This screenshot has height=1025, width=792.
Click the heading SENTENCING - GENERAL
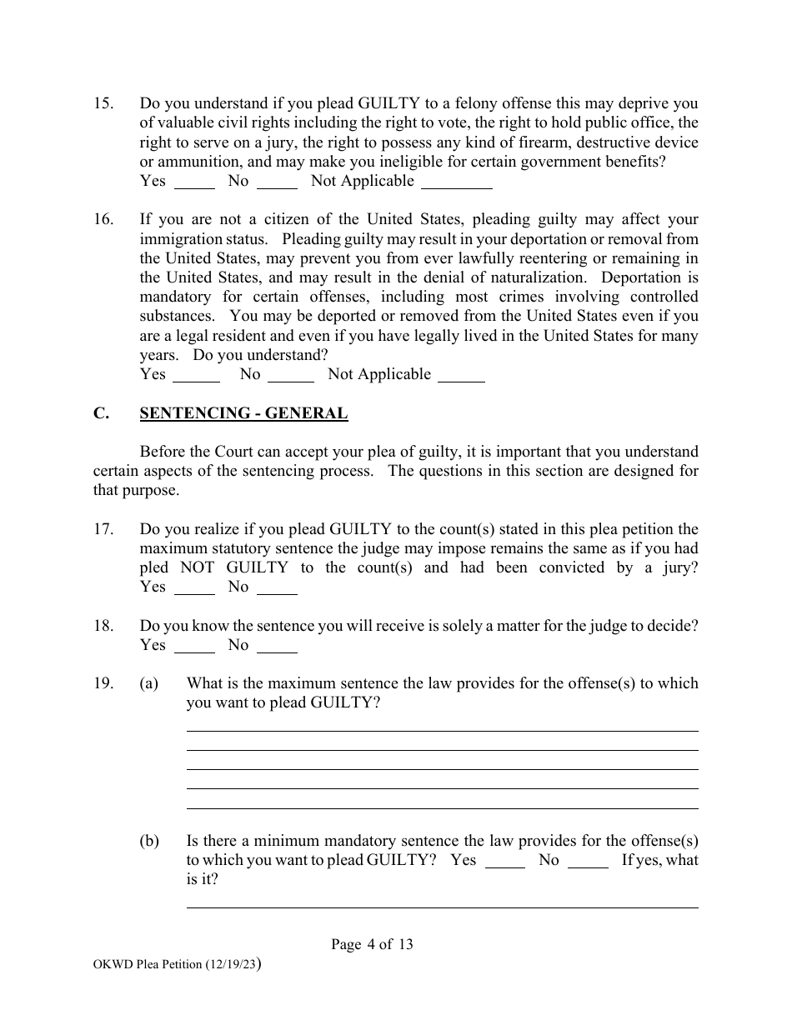click(243, 413)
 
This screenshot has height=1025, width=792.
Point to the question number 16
click(103, 220)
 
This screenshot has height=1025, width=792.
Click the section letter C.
click(100, 413)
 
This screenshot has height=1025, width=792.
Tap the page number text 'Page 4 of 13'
click(372, 945)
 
